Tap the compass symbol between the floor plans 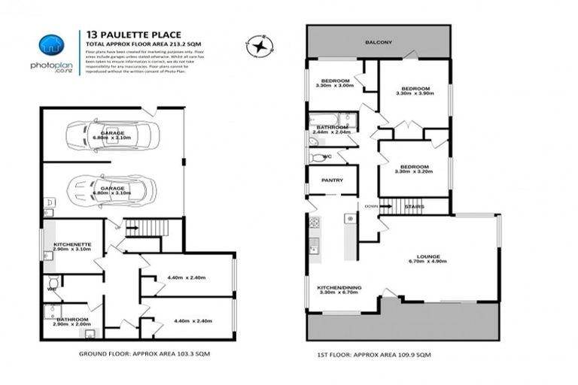(260, 46)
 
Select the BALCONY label (379, 43)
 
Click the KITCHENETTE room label (72, 245)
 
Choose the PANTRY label (332, 180)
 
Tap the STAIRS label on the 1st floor (415, 206)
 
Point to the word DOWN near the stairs (370, 206)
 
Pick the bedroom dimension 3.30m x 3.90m (415, 93)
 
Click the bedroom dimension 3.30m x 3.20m (415, 172)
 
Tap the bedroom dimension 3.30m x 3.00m (334, 86)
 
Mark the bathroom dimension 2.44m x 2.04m (332, 133)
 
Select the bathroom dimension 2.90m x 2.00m (71, 323)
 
